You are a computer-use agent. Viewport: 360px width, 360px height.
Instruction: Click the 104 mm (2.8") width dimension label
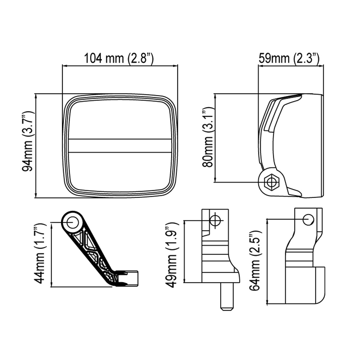click(x=119, y=58)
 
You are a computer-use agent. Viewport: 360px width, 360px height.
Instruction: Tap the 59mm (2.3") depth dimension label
click(x=289, y=58)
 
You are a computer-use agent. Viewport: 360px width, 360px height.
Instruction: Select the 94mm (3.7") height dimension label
click(x=28, y=141)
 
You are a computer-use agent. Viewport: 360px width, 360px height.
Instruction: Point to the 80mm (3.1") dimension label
click(x=208, y=137)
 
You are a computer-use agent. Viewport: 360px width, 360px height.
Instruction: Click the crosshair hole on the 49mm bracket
click(x=215, y=220)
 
